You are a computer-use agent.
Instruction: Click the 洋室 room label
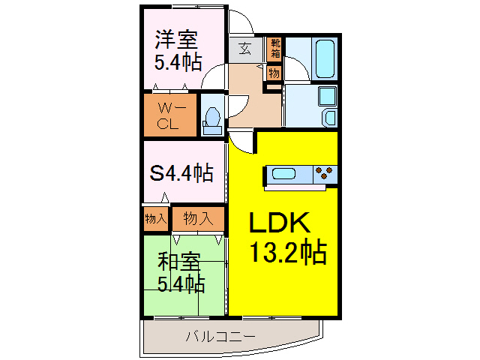[x=176, y=38]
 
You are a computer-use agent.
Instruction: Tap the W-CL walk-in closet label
[x=167, y=115]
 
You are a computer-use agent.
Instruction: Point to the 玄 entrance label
[x=245, y=50]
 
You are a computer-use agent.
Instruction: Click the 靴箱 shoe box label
[x=275, y=49]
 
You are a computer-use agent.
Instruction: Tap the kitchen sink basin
[x=286, y=174]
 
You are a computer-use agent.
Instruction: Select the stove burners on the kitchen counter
[x=324, y=174]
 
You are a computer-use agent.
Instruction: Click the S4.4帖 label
[x=181, y=173]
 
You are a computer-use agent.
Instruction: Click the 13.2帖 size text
[x=286, y=253]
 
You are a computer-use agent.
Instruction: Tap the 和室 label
[x=178, y=262]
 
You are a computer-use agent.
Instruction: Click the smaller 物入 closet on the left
[x=155, y=219]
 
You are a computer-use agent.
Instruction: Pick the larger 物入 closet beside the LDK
[x=198, y=219]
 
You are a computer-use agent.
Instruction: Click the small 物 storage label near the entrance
[x=274, y=73]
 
